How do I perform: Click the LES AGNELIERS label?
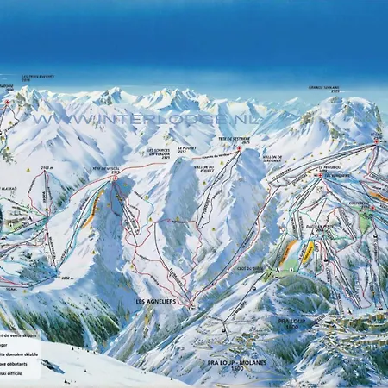coord(155,302)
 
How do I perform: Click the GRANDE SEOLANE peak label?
coord(325,89)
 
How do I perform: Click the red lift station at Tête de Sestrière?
coord(239,149)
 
